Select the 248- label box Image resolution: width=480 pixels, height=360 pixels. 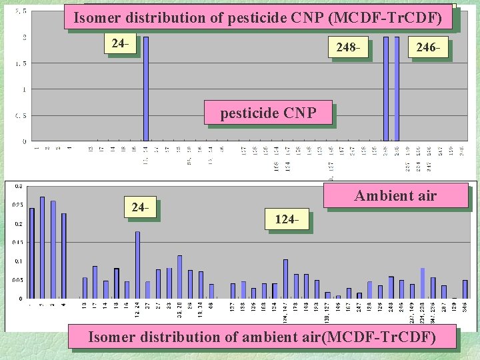coord(349,48)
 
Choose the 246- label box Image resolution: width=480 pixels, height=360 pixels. coord(427,48)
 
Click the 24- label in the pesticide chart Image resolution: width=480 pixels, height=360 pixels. coord(120,44)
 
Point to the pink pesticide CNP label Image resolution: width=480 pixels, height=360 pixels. coord(268,113)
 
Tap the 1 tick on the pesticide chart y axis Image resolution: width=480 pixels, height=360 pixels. coord(24,89)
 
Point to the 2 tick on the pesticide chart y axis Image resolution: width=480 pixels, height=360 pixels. coord(24,37)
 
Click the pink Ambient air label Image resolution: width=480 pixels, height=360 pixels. coord(395,196)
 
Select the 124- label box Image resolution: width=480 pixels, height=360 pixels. coord(286,219)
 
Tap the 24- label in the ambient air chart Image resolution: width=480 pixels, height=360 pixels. coord(140,207)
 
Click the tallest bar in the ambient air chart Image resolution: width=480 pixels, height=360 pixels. coord(42,247)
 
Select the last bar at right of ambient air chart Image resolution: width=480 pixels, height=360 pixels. coord(465,289)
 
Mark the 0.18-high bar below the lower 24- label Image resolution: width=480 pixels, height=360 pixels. coord(137,265)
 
